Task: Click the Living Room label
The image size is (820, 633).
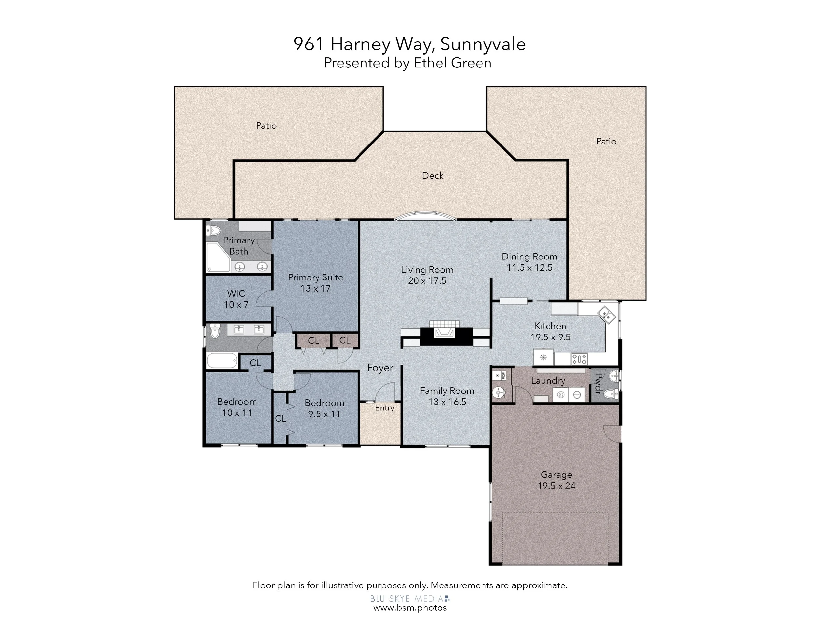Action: pos(427,270)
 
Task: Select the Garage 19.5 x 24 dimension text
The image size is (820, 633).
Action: pos(556,486)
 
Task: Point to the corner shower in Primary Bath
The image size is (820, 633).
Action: pos(218,257)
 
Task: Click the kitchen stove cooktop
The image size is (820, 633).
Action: pos(579,359)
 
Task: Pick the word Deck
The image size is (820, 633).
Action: pos(433,176)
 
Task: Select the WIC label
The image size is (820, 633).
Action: pos(236,293)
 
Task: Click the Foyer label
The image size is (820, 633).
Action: pos(380,368)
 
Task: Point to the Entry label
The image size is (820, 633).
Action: pos(384,408)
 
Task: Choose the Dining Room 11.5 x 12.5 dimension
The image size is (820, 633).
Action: pos(529,268)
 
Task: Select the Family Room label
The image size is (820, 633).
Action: pos(447,391)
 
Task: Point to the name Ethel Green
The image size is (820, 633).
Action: pos(452,63)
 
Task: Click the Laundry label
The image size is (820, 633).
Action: pos(548,381)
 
